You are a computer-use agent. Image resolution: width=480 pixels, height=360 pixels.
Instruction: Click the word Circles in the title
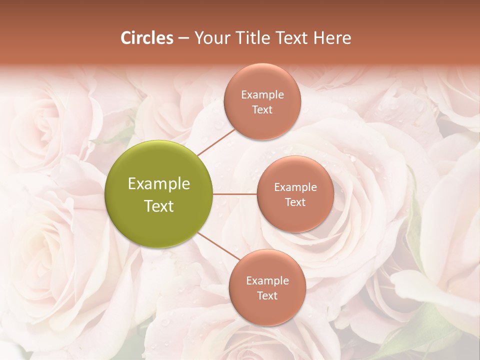[146, 38]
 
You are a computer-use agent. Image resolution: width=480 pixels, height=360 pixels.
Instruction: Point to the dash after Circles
[183, 38]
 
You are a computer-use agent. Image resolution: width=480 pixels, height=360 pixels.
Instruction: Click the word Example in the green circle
[159, 184]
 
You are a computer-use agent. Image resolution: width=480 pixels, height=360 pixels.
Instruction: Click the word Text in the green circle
[159, 206]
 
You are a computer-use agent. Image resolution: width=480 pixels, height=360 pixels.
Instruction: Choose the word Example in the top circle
[262, 95]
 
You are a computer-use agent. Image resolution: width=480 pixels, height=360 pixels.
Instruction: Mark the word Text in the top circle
[262, 109]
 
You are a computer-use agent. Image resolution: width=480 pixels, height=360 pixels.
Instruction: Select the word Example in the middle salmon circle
[295, 187]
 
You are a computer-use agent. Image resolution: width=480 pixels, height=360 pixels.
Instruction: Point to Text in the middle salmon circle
[295, 202]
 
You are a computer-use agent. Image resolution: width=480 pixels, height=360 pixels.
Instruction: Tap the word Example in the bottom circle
[267, 281]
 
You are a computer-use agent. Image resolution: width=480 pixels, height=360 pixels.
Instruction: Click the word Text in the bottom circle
[267, 295]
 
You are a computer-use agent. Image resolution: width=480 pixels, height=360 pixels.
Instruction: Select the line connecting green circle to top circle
[216, 141]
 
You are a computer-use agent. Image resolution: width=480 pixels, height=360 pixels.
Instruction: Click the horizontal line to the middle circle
[235, 194]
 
